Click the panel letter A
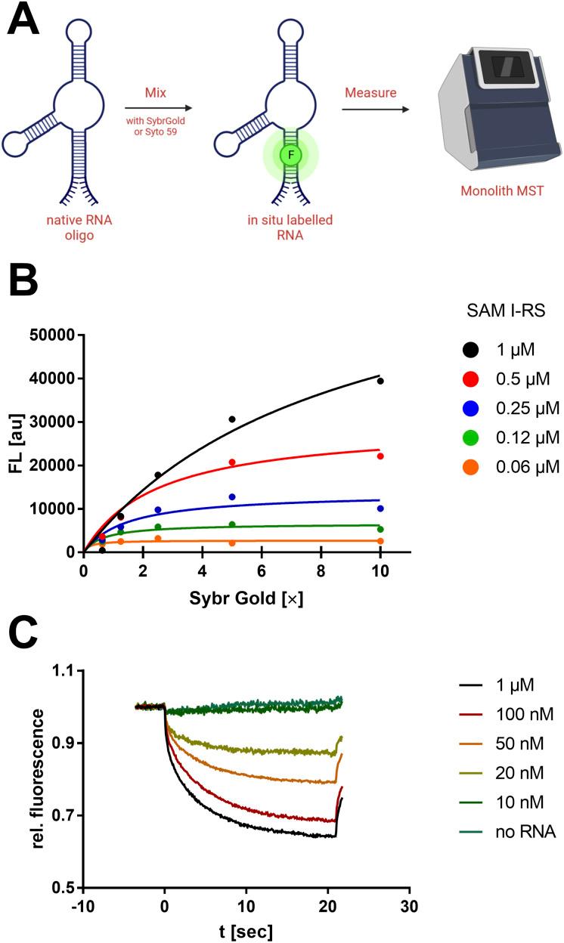[24, 23]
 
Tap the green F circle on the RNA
[291, 155]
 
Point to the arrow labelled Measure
[377, 108]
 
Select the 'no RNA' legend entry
[507, 832]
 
